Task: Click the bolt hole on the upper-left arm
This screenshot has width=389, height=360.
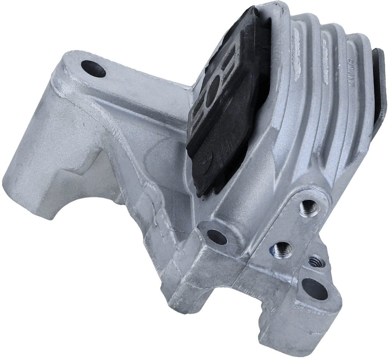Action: pyautogui.click(x=92, y=69)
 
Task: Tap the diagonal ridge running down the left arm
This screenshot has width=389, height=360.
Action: pyautogui.click(x=121, y=140)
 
